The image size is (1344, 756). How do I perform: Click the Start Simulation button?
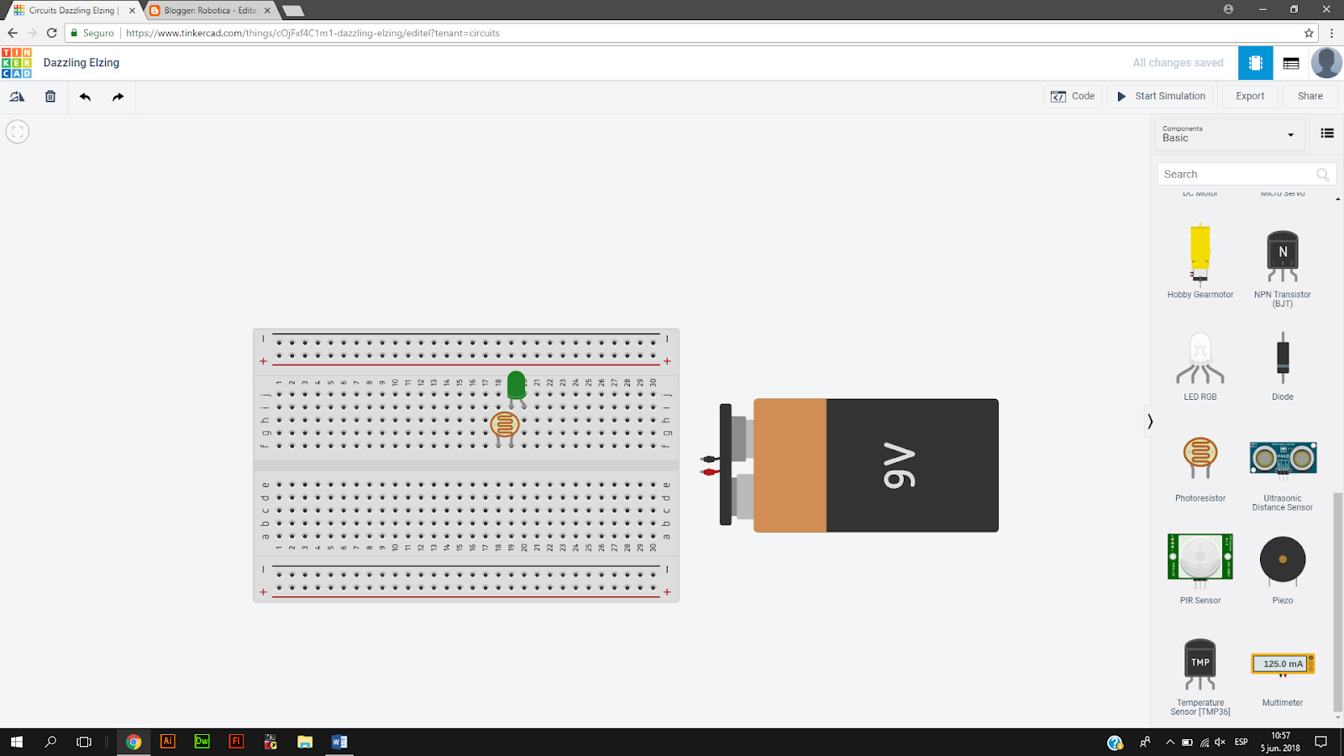pyautogui.click(x=1161, y=97)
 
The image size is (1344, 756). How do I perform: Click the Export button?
pyautogui.click(x=1249, y=97)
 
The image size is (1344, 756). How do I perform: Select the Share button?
pyautogui.click(x=1310, y=97)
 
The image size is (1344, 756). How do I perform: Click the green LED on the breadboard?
pyautogui.click(x=517, y=386)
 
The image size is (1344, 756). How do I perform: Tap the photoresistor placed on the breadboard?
pyautogui.click(x=505, y=425)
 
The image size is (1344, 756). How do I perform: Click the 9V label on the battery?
pyautogui.click(x=900, y=465)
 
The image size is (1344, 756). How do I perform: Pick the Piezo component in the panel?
pyautogui.click(x=1282, y=559)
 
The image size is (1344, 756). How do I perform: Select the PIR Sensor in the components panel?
pyautogui.click(x=1200, y=557)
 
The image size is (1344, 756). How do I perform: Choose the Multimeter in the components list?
pyautogui.click(x=1282, y=664)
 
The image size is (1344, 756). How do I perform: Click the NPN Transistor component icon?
pyautogui.click(x=1282, y=255)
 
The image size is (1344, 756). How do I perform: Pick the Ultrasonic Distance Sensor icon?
pyautogui.click(x=1282, y=459)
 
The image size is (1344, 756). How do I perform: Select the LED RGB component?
pyautogui.click(x=1200, y=359)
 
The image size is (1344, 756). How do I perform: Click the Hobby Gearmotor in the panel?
pyautogui.click(x=1200, y=253)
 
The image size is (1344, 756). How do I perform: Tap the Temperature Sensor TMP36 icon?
pyautogui.click(x=1200, y=664)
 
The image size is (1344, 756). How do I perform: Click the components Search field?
pyautogui.click(x=1237, y=174)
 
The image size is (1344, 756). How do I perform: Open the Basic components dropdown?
pyautogui.click(x=1228, y=134)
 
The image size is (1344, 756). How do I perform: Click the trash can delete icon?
pyautogui.click(x=50, y=97)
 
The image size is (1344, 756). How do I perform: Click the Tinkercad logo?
pyautogui.click(x=17, y=63)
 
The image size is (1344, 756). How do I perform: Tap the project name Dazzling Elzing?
pyautogui.click(x=81, y=63)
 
